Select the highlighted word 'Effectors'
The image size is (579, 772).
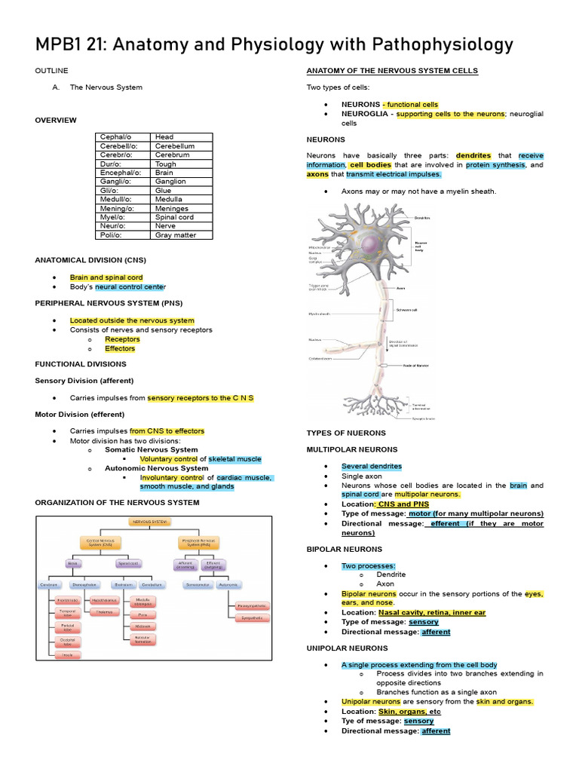click(x=121, y=348)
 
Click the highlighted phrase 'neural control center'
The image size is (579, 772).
click(x=130, y=287)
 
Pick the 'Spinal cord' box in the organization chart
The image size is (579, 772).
click(x=127, y=563)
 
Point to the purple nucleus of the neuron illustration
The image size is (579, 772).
click(x=371, y=246)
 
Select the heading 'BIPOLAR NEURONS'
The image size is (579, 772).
click(x=345, y=549)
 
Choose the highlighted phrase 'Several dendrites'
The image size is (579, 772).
click(x=372, y=467)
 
